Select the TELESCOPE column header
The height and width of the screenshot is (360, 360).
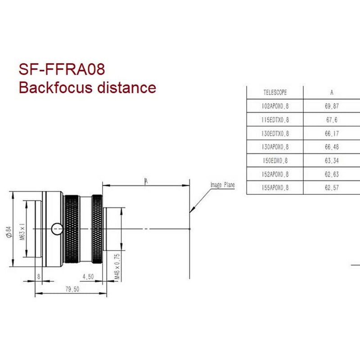click(275, 93)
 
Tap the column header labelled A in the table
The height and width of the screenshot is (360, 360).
click(332, 93)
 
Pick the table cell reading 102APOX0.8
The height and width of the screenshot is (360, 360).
click(275, 106)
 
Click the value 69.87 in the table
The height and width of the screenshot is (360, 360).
click(332, 106)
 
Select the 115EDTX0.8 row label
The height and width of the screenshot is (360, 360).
click(275, 120)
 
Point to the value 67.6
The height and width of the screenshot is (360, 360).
click(332, 120)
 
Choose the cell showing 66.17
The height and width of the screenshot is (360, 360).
click(332, 133)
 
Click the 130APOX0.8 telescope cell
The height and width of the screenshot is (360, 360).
click(275, 147)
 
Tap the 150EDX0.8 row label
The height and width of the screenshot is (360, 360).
click(275, 161)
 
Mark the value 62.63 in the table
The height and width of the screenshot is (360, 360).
click(332, 174)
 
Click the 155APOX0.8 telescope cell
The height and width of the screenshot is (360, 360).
click(275, 188)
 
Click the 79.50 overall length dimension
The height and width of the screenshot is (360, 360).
click(71, 290)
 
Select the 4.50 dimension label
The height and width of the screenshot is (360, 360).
click(88, 277)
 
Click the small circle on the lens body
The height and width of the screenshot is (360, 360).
click(57, 229)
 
